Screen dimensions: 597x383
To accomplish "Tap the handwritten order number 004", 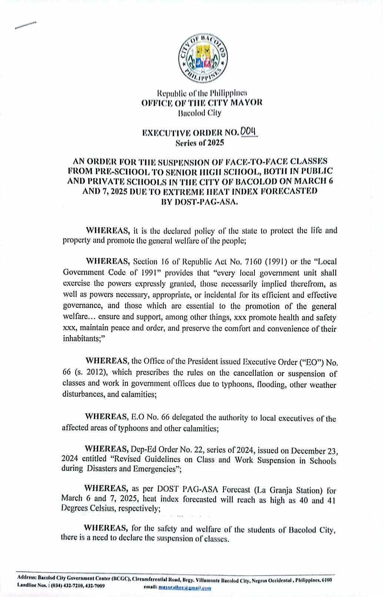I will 249,132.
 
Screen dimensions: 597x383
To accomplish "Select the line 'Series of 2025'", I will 202,142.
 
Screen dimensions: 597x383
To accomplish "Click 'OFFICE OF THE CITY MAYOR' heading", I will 202,103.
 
